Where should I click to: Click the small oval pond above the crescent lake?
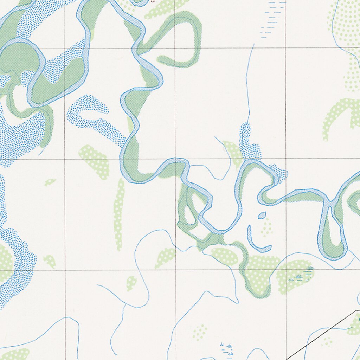(262, 215)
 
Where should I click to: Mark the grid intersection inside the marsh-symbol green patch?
(285, 270)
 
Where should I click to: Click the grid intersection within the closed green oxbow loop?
(175, 48)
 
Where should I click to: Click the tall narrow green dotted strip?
(119, 214)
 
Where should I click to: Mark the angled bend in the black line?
(356, 311)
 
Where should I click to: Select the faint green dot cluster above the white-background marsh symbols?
(200, 332)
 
